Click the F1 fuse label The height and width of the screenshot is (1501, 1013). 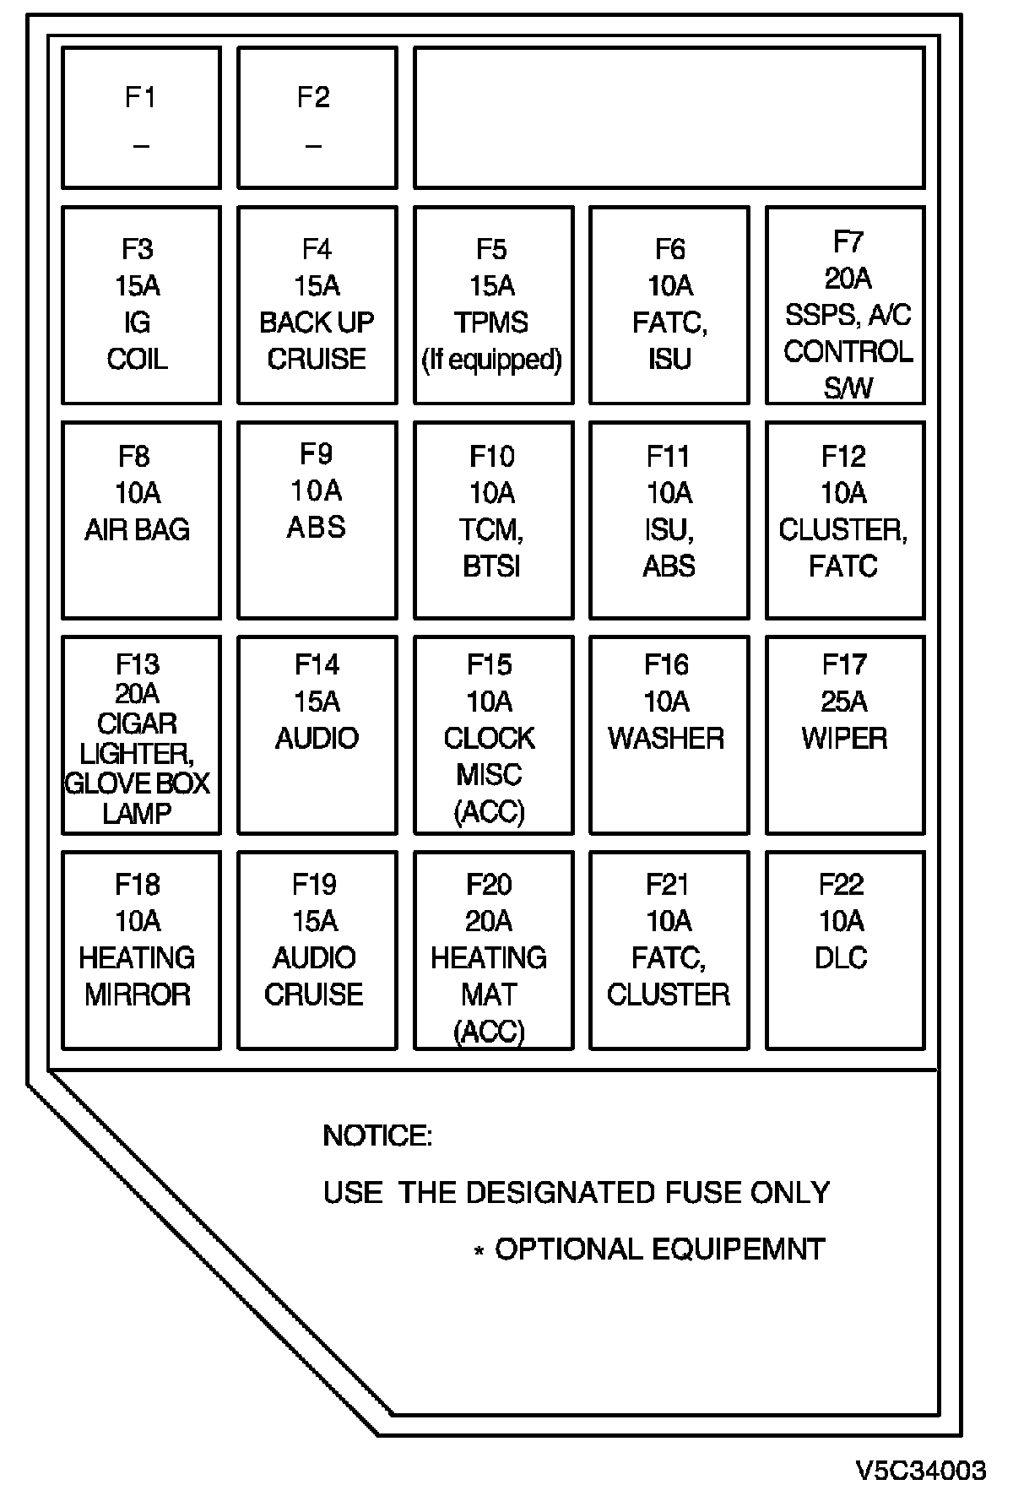pyautogui.click(x=140, y=97)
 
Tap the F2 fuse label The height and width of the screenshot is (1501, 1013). pyautogui.click(x=313, y=97)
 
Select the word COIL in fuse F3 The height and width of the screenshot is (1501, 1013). pyautogui.click(x=138, y=359)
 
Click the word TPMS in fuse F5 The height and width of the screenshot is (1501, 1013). pyautogui.click(x=491, y=322)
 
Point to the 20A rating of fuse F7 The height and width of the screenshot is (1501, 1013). pyautogui.click(x=848, y=279)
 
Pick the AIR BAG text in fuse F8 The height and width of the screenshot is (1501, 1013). pyautogui.click(x=138, y=529)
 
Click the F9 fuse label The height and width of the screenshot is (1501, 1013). pyautogui.click(x=317, y=454)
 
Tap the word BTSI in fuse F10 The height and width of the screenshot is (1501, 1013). pyautogui.click(x=491, y=566)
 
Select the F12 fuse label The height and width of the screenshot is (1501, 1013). pyautogui.click(x=843, y=457)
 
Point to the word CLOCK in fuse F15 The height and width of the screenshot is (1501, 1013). pyautogui.click(x=490, y=738)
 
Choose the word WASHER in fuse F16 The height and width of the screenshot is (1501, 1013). pyautogui.click(x=666, y=738)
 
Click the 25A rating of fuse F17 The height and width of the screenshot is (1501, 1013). pyautogui.click(x=844, y=702)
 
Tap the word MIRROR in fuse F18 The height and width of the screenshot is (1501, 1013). pyautogui.click(x=138, y=994)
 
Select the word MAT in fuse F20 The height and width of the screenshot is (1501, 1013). pyautogui.click(x=489, y=994)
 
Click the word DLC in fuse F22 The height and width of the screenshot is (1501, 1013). pyautogui.click(x=841, y=957)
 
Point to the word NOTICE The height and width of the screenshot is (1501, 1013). pyautogui.click(x=377, y=1136)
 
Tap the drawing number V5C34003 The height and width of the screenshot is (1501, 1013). pyautogui.click(x=921, y=1470)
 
